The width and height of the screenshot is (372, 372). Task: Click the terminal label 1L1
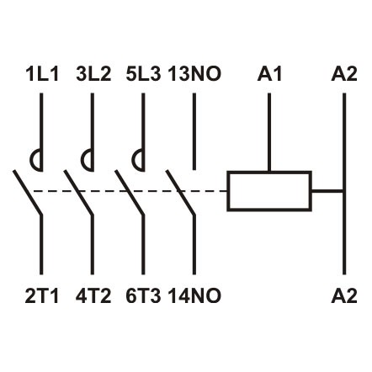tap(40, 75)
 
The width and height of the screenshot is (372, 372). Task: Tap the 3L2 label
tap(93, 75)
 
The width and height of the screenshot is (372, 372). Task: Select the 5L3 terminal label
tap(144, 75)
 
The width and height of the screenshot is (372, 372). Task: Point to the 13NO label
tap(194, 75)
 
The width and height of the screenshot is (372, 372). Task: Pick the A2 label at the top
tap(345, 75)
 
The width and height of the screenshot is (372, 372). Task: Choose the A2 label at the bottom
tap(345, 295)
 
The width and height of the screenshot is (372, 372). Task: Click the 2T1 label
tap(40, 295)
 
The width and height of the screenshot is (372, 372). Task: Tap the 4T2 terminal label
tap(93, 295)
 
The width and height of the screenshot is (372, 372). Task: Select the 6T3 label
tap(143, 295)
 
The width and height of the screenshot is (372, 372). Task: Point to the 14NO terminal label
tap(194, 295)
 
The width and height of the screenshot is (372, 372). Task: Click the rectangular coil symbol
tap(269, 190)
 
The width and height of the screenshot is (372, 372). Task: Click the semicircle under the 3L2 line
tap(88, 157)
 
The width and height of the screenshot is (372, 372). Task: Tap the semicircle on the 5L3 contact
tap(139, 157)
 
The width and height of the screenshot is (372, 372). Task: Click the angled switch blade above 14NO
tap(182, 193)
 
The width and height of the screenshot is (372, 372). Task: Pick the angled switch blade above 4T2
tap(80, 193)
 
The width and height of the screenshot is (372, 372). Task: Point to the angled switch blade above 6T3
tap(130, 193)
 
